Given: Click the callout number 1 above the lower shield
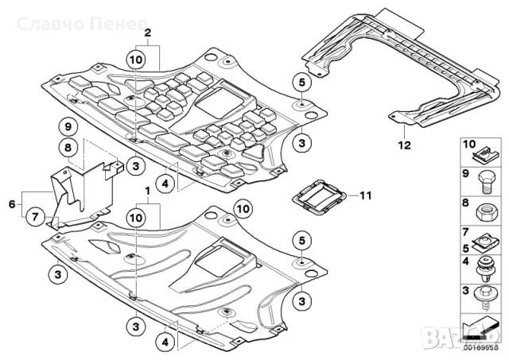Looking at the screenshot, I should (x=146, y=193).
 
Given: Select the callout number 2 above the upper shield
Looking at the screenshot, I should (x=146, y=33).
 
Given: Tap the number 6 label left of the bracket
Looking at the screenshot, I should (x=11, y=204).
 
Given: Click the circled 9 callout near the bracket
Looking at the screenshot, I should (x=68, y=127).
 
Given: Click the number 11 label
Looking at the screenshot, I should (x=364, y=195).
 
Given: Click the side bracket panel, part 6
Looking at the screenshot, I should (x=84, y=195).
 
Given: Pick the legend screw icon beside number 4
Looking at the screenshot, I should (x=484, y=267).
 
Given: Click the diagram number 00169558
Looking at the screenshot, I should (x=480, y=346).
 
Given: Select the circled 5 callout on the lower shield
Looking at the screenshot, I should (x=301, y=238).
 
